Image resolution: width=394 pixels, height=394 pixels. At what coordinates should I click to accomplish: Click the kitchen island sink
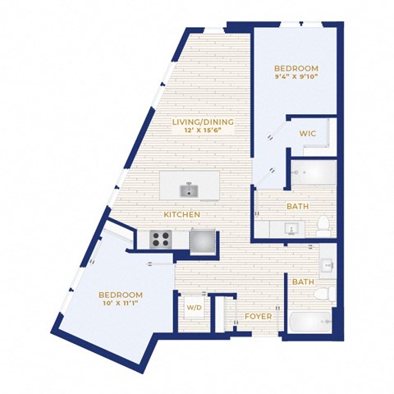click(x=189, y=190)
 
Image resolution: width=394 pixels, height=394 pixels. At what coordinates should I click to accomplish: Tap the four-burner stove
click(x=161, y=240)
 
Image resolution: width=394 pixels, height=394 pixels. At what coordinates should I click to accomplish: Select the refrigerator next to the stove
click(x=204, y=241)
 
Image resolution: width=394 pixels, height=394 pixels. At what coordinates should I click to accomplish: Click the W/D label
click(x=195, y=308)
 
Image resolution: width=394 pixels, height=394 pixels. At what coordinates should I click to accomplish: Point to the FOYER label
click(x=259, y=317)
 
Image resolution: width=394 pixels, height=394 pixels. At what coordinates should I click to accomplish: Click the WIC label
click(x=308, y=134)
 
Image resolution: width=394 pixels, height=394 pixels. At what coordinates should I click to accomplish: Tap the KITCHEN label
click(x=182, y=215)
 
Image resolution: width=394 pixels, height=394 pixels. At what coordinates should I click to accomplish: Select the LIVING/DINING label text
click(x=203, y=122)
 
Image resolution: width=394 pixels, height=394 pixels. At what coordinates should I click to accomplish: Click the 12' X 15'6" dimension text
click(x=203, y=131)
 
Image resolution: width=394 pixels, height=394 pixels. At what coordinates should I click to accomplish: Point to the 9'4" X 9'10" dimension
click(x=296, y=76)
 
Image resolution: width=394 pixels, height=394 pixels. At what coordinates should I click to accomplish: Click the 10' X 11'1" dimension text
click(x=121, y=303)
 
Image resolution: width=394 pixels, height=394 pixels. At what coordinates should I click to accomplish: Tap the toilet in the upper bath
click(x=323, y=226)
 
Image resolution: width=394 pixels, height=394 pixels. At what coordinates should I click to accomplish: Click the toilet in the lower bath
click(x=324, y=294)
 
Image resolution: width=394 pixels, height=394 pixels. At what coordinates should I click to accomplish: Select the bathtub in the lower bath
click(x=310, y=323)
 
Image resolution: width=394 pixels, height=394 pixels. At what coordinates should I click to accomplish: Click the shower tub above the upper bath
click(x=314, y=172)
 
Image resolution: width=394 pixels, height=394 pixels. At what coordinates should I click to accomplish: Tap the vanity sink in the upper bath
click(x=291, y=229)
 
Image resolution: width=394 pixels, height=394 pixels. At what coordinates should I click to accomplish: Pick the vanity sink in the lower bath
click(x=328, y=264)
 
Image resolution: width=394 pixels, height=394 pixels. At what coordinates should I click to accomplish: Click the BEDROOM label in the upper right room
click(x=296, y=68)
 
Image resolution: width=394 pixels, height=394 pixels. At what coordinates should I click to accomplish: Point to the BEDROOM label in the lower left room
click(x=121, y=295)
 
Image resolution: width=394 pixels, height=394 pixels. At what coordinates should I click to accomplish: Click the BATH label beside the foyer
click(x=303, y=282)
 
